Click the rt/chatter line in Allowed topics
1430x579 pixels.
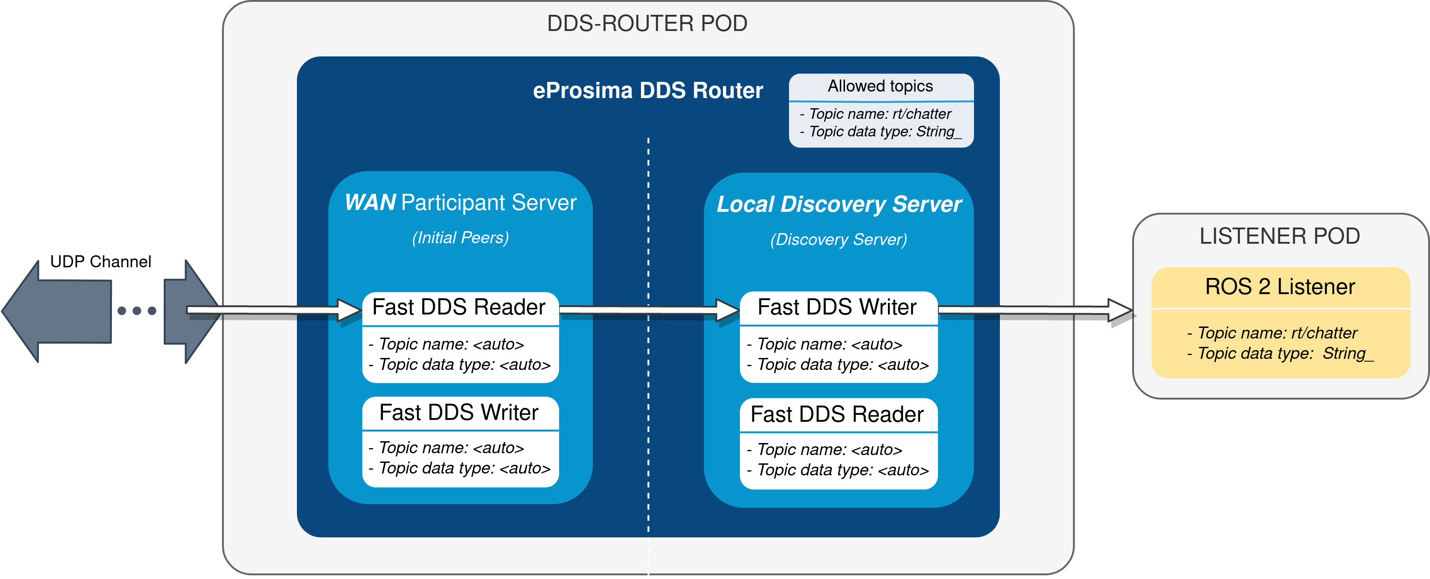(880, 114)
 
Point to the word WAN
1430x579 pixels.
(370, 203)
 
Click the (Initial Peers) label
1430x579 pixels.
(460, 238)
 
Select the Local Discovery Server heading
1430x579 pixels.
(839, 204)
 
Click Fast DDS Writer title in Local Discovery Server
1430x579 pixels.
(837, 307)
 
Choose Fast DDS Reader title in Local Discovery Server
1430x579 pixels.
(837, 414)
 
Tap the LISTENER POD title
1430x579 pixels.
(1280, 236)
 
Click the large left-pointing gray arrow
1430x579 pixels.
(55, 311)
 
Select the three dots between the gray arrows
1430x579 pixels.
(136, 311)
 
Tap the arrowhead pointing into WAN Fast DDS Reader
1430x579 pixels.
(350, 310)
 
